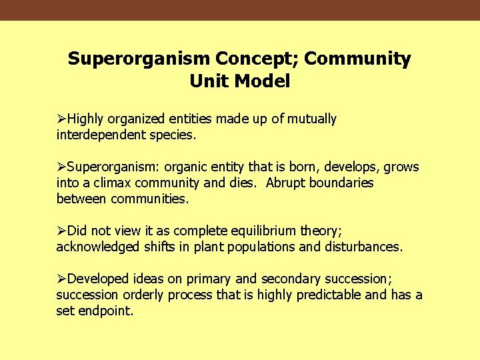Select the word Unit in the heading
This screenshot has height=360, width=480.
(x=206, y=81)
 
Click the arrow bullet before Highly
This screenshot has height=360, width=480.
(x=61, y=119)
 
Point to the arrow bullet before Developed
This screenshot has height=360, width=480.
(x=61, y=279)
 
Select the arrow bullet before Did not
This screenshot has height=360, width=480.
(x=61, y=231)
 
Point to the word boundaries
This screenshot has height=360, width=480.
(x=343, y=183)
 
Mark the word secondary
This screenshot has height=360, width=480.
(x=289, y=279)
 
